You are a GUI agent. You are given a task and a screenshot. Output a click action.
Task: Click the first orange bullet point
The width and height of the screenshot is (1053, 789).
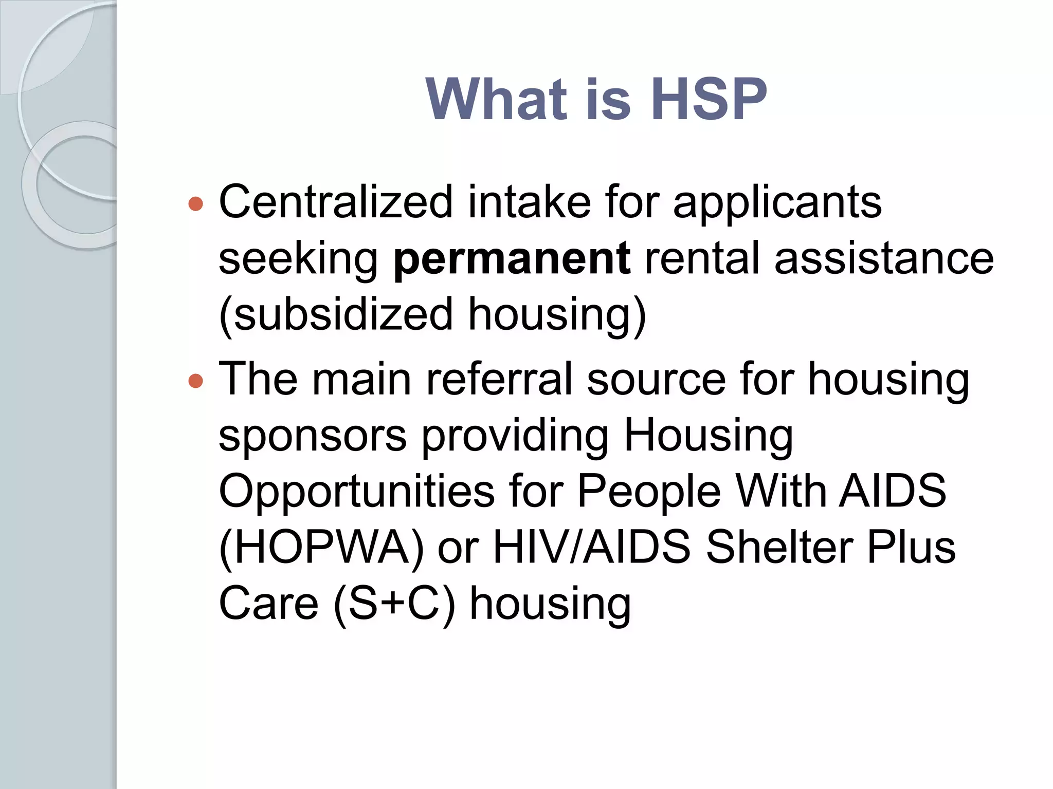196,204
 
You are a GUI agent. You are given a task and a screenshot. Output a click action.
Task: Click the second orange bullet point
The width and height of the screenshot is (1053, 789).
196,381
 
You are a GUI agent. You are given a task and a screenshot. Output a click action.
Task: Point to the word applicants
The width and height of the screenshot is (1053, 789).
777,203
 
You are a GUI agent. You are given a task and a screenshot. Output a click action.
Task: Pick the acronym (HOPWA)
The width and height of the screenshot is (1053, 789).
321,547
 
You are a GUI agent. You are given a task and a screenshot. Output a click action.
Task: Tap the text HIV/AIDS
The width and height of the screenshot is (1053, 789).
592,547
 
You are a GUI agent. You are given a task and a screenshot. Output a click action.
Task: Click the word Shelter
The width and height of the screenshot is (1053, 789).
779,547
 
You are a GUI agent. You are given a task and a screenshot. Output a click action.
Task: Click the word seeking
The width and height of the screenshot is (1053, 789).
298,259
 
